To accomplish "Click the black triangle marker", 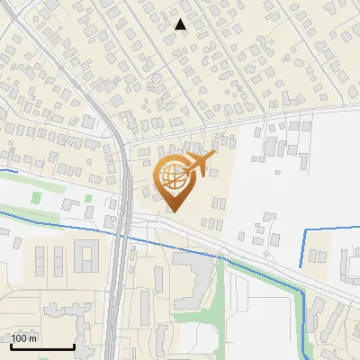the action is point(181,24).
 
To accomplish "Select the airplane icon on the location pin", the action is point(199,164).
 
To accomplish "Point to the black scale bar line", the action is point(42,346).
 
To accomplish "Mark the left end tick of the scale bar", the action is point(11,345).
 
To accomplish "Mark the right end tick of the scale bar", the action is point(74,345).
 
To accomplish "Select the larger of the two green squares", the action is point(37,196).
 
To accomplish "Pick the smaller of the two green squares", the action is point(88,197).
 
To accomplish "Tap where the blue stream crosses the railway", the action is point(120,233).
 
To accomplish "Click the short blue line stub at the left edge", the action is point(7,169).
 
